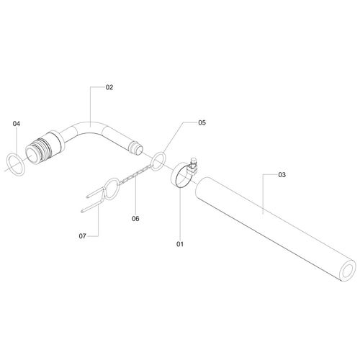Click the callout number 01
180,244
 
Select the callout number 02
109,87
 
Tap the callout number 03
282,175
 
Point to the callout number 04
17,124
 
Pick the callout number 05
202,122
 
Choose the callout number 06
135,219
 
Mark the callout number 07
82,236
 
